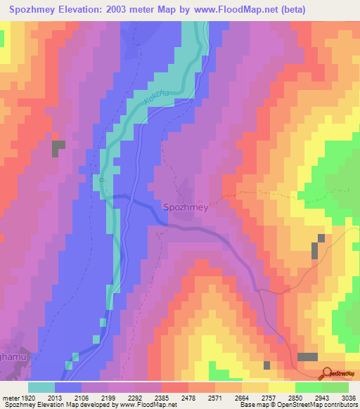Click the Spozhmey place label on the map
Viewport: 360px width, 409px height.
[186, 207]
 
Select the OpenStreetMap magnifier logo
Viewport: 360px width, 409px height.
[327, 374]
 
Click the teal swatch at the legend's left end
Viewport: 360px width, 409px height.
[41, 387]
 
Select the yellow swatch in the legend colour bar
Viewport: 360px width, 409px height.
[281, 387]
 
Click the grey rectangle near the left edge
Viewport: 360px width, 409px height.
[58, 148]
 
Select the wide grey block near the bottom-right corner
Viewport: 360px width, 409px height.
[307, 357]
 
